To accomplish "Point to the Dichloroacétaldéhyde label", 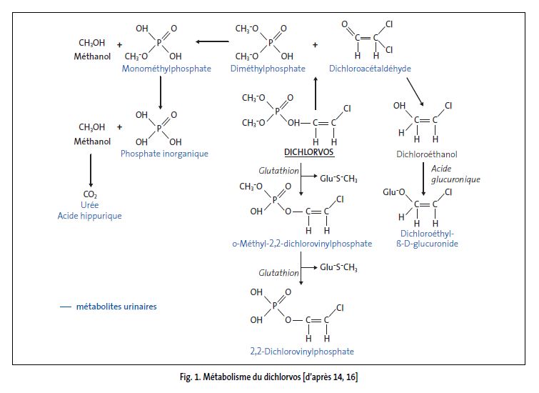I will point(370,69).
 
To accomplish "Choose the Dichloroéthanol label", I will point(426,154).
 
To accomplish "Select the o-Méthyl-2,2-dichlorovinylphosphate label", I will point(301,244).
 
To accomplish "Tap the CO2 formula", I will point(91,194).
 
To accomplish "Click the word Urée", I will point(91,204).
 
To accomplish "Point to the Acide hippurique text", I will point(91,216).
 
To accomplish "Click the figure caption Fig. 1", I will point(269,377).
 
